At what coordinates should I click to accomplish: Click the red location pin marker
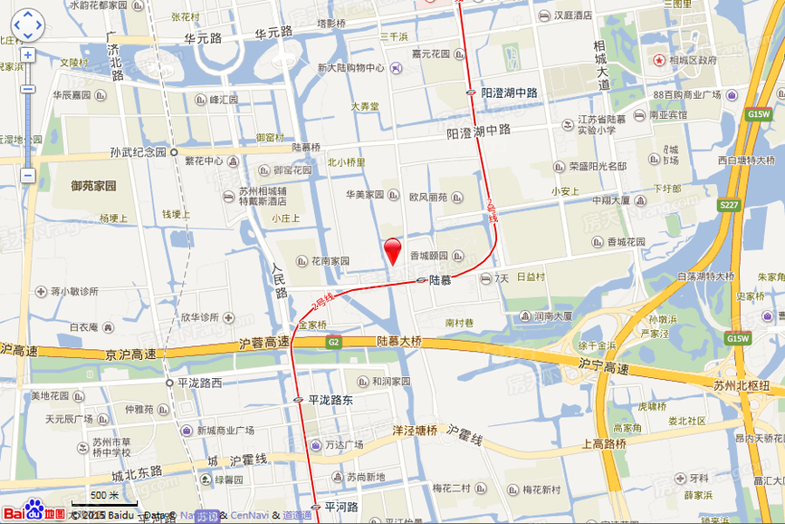pyautogui.click(x=393, y=249)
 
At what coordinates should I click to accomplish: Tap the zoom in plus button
pyautogui.click(x=27, y=54)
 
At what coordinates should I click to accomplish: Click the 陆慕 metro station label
pyautogui.click(x=440, y=280)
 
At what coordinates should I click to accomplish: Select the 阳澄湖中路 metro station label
pyautogui.click(x=509, y=92)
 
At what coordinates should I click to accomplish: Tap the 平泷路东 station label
pyautogui.click(x=330, y=399)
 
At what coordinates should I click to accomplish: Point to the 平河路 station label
pyautogui.click(x=341, y=507)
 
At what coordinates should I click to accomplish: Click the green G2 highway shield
pyautogui.click(x=333, y=342)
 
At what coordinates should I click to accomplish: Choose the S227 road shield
pyautogui.click(x=729, y=206)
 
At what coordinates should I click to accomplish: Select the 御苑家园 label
pyautogui.click(x=94, y=186)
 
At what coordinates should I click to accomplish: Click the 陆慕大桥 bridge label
pyautogui.click(x=399, y=341)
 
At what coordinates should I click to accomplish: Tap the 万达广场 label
pyautogui.click(x=344, y=445)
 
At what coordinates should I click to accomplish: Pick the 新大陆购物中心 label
pyautogui.click(x=350, y=68)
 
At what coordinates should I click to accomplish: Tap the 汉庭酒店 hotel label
pyautogui.click(x=572, y=15)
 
